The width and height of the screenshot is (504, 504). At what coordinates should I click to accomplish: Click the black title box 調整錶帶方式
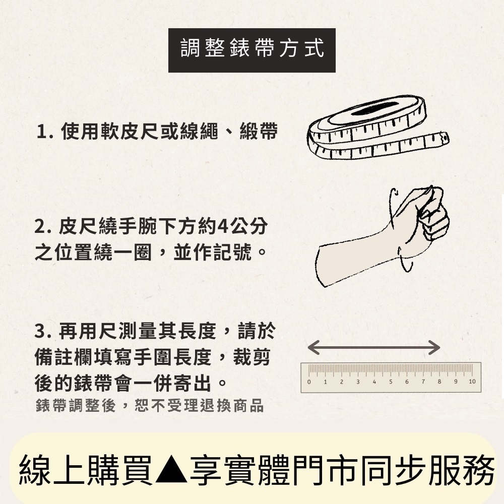coord(251,50)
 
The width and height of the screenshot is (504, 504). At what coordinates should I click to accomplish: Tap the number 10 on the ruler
coord(472,382)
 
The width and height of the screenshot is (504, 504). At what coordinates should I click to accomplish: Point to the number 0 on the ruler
coord(309,382)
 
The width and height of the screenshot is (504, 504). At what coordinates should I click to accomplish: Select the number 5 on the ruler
coord(391,382)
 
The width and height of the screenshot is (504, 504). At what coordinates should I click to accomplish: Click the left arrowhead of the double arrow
coord(312,347)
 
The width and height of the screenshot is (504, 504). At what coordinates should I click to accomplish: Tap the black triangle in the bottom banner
coord(171,470)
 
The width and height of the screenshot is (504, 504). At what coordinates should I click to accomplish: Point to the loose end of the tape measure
coord(444,139)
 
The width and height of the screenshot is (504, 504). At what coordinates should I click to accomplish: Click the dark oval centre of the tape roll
coord(375,109)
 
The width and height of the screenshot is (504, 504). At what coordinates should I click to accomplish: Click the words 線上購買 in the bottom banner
coord(86,470)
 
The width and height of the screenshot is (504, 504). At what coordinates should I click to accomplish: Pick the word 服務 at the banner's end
coord(462,470)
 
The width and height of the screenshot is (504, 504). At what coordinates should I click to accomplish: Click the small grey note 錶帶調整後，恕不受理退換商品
coord(150,406)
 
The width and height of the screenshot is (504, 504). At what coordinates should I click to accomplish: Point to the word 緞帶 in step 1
coord(259,132)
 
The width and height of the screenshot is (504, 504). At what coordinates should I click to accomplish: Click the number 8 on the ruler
coord(439,382)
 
